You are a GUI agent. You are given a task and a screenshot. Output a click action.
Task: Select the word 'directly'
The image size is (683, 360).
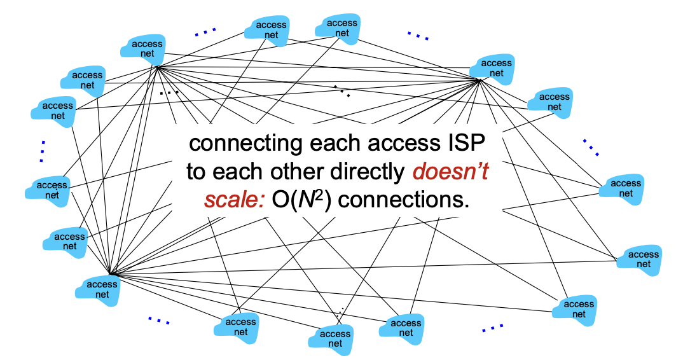coord(371,172)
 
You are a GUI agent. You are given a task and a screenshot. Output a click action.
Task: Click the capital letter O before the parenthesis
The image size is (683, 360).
coord(281,201)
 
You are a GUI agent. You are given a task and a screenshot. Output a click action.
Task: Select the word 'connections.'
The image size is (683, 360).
coord(404,201)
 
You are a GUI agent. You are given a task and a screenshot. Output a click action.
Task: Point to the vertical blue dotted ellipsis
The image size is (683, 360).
coord(43,151)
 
